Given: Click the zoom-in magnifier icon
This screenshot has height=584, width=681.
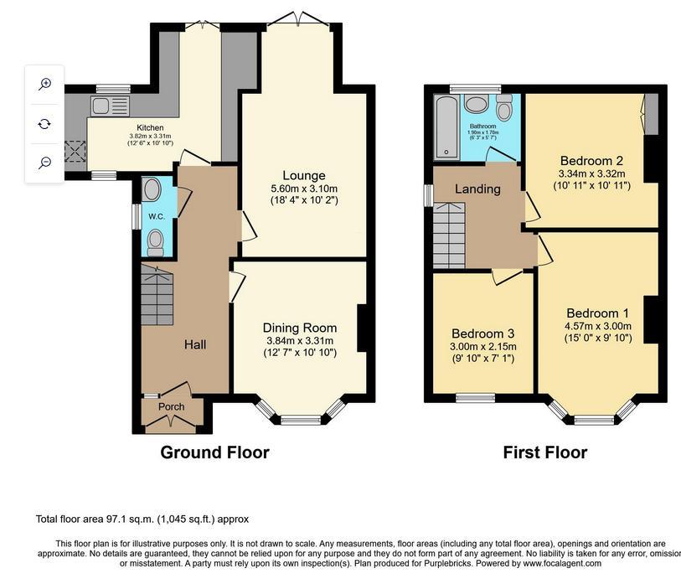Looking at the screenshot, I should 45,84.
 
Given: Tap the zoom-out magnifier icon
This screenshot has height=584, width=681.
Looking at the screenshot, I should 45,163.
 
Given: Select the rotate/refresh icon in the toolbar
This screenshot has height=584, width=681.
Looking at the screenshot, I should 45,123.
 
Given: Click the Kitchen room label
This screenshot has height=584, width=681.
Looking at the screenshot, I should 150,128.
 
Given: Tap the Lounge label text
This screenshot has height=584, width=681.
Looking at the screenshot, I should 303,175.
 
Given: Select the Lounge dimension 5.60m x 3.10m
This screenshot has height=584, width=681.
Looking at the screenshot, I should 303,189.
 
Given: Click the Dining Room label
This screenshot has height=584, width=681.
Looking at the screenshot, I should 300,328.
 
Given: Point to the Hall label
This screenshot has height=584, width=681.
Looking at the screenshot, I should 195,344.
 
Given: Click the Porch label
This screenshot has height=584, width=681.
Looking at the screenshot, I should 172,407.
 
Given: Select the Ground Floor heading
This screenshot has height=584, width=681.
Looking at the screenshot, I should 214,453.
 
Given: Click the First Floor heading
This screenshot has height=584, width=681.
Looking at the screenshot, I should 544,453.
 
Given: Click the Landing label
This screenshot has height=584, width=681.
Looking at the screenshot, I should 477,189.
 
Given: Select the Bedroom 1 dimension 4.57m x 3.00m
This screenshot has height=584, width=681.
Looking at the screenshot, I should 598,326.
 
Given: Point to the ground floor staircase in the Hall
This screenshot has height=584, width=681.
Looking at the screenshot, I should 157,297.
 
